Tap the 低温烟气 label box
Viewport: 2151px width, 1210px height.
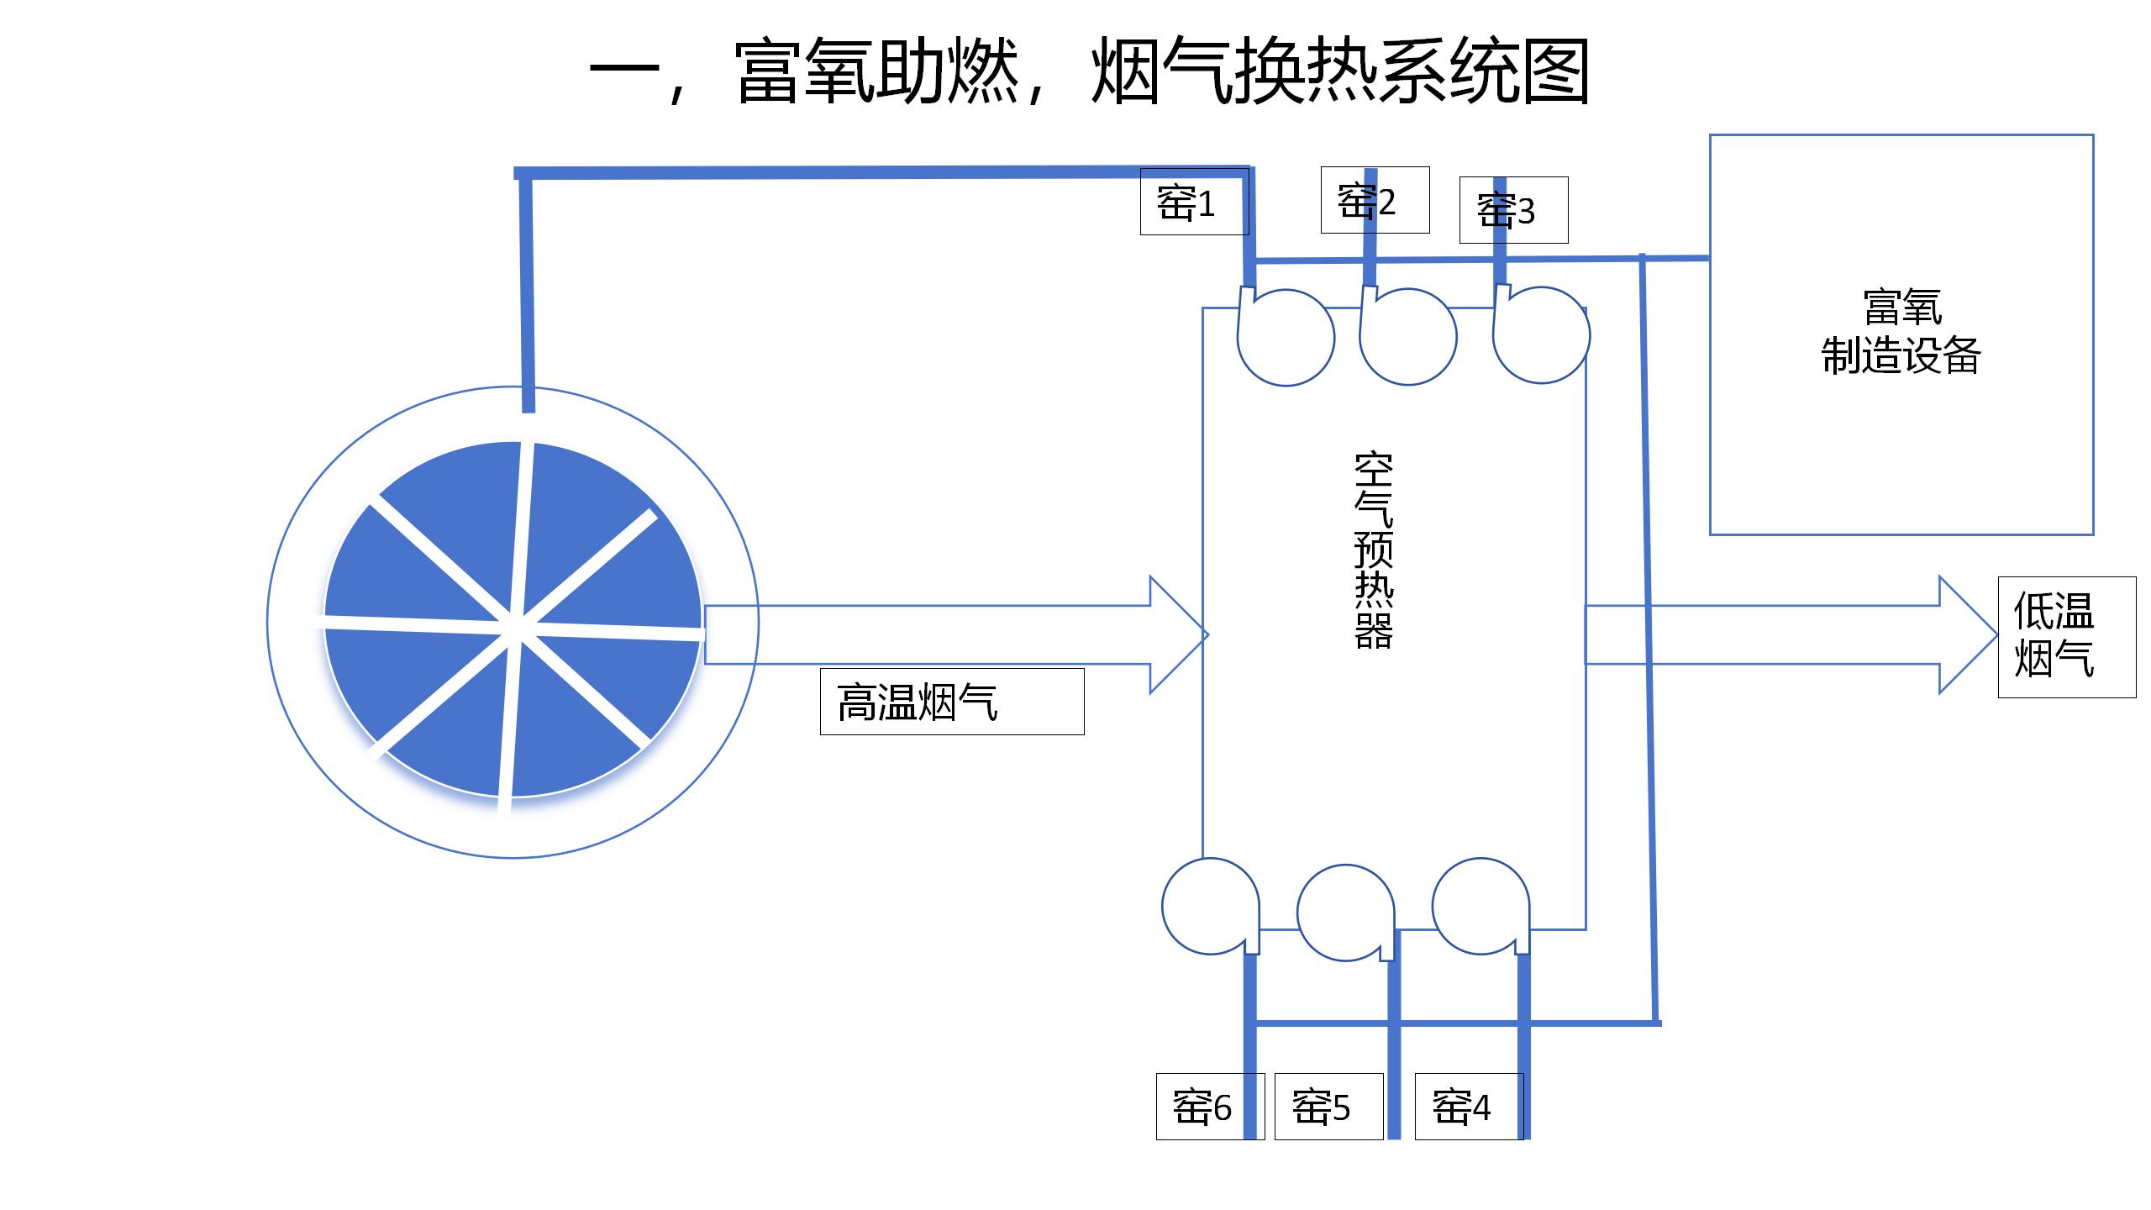[2065, 636]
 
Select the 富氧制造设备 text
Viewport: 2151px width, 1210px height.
[1901, 332]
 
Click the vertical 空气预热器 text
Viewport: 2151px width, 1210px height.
[1375, 550]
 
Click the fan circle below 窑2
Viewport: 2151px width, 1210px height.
[1408, 337]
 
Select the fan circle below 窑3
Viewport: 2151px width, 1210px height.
[1541, 335]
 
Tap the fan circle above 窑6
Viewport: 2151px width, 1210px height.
[1210, 906]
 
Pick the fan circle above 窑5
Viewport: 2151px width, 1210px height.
[1345, 913]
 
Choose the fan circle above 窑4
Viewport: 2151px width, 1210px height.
[1480, 906]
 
